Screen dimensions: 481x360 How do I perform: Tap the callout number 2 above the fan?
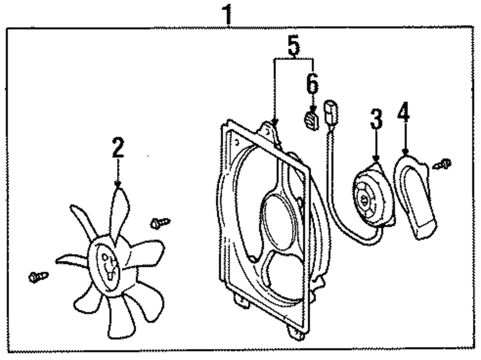(x=118, y=148)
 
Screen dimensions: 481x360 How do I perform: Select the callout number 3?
(x=376, y=119)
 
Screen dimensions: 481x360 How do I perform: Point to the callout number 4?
(x=404, y=114)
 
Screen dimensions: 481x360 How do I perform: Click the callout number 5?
(x=294, y=46)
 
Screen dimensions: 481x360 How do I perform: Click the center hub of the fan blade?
(x=107, y=264)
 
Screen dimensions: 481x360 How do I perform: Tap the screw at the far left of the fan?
(x=38, y=277)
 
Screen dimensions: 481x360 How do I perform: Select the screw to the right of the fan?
(x=160, y=222)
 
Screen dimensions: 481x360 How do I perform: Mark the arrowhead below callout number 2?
(x=118, y=184)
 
